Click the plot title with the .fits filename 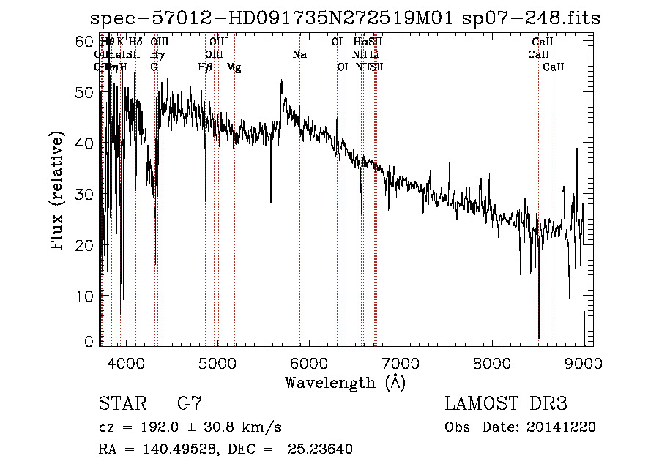[x=345, y=19]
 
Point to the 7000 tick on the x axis [x=401, y=362]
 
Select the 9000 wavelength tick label [x=584, y=362]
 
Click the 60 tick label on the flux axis [x=86, y=42]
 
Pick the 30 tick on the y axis [x=86, y=195]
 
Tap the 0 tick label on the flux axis [x=91, y=341]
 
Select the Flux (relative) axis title [x=58, y=192]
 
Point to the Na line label [x=299, y=54]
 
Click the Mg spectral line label [x=234, y=67]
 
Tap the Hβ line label [x=205, y=67]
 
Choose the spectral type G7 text [x=190, y=403]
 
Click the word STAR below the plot [x=123, y=403]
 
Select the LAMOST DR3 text [x=506, y=403]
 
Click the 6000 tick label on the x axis [x=309, y=362]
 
